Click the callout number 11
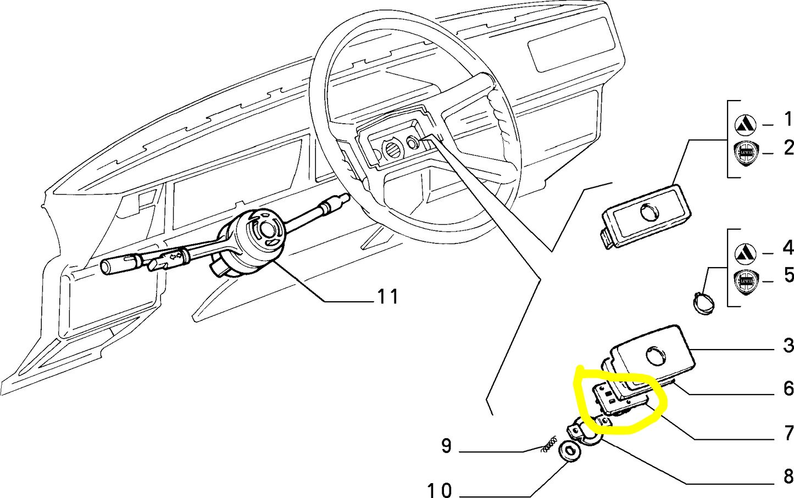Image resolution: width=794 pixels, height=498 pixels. point(388,297)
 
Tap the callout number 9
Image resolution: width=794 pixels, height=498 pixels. point(446,446)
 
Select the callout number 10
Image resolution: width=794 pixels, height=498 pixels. point(439,489)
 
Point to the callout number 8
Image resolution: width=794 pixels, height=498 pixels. point(789,475)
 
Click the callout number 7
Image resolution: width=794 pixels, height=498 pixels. point(789,433)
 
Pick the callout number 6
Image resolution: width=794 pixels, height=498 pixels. point(789,388)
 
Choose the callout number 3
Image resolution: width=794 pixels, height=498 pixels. point(789,345)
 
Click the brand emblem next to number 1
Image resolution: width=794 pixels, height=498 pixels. point(746,126)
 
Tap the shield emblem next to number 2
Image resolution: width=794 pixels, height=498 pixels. point(746,152)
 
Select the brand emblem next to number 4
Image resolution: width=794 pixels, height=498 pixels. point(746,253)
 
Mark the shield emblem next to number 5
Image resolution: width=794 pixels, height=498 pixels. point(746,280)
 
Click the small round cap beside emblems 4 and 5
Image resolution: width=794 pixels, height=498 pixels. point(702,303)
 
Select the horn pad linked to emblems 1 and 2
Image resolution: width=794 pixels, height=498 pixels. point(646,214)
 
